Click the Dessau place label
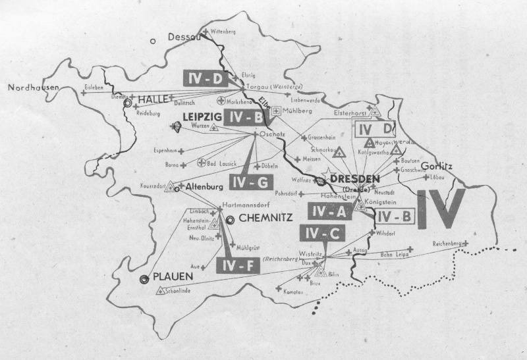[x=184, y=38]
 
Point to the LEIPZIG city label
[x=202, y=116]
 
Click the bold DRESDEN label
[x=356, y=178]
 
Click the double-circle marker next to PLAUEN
[x=144, y=279]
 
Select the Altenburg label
[x=203, y=187]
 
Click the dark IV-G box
[x=248, y=180]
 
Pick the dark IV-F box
[x=233, y=265]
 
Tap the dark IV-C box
[x=320, y=232]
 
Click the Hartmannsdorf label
[x=248, y=204]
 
